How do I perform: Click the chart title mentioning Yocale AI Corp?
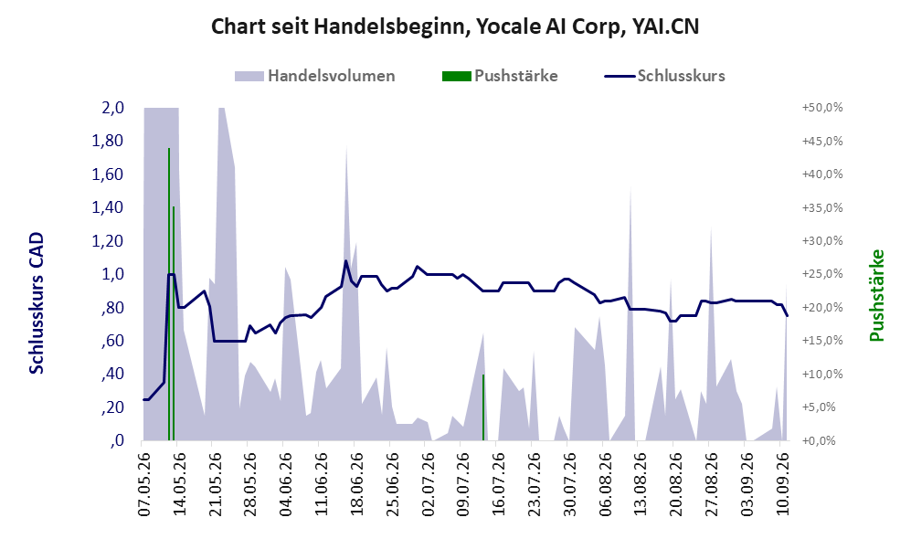tap(455, 26)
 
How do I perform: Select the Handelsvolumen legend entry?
tap(315, 76)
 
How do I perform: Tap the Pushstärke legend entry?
tap(500, 76)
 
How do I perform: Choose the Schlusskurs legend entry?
tap(664, 76)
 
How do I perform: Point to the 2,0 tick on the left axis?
tap(112, 108)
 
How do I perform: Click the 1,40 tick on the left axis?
tap(108, 207)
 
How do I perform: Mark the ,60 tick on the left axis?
tap(112, 341)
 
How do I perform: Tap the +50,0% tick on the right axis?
tap(822, 108)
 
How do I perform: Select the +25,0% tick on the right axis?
tap(822, 273)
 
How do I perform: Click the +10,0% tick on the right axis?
tap(822, 374)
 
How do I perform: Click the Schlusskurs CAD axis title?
tap(36, 303)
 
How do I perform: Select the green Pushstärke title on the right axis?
tap(876, 296)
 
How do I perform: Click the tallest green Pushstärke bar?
tap(169, 294)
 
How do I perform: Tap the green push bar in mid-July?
tap(483, 407)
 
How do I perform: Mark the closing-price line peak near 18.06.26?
tap(346, 260)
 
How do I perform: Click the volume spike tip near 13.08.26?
tap(630, 186)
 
